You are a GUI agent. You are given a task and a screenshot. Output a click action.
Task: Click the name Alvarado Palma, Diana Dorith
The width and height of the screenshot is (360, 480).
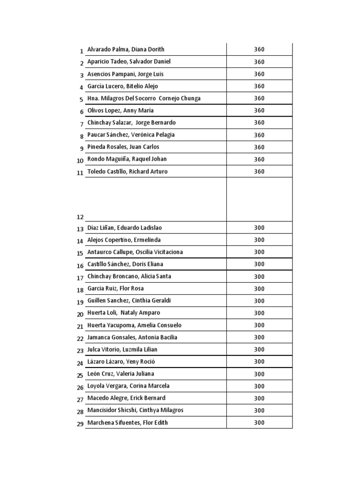click(126, 49)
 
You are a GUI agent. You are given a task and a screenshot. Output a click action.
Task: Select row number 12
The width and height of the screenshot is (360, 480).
click(80, 217)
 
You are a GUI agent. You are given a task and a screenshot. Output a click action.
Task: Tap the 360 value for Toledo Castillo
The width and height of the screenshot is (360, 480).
click(259, 172)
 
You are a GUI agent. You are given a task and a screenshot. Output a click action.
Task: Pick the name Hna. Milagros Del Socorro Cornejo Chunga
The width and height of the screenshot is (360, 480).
click(144, 98)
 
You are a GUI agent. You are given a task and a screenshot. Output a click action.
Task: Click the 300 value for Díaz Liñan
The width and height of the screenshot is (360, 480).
click(259, 228)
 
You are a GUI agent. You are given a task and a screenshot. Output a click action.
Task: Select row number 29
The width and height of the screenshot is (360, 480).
click(80, 424)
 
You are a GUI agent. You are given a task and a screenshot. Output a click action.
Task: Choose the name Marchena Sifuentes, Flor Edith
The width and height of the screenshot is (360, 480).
click(127, 422)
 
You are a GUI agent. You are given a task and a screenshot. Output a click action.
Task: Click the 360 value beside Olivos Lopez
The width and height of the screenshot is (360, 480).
click(259, 111)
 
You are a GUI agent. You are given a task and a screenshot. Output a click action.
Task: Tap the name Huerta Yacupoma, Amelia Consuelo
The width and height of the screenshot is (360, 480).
click(135, 325)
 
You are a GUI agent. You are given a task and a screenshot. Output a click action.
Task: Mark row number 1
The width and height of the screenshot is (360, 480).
click(82, 51)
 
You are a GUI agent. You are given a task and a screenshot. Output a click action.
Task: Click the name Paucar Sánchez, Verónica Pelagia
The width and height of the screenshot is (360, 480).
click(131, 135)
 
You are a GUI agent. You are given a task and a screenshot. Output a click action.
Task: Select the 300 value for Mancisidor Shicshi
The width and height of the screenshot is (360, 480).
click(259, 410)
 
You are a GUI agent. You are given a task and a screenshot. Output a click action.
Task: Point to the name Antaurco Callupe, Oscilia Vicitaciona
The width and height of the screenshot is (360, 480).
click(135, 252)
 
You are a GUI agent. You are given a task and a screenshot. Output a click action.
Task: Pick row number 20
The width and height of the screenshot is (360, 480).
click(80, 314)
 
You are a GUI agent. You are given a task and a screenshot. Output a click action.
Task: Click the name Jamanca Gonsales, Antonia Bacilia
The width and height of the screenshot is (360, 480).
click(132, 337)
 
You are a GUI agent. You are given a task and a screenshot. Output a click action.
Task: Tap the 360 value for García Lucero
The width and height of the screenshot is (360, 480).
click(259, 86)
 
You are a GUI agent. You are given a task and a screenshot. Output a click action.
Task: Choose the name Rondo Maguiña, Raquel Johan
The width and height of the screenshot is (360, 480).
click(127, 159)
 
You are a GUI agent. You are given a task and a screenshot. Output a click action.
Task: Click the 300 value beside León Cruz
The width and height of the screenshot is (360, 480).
click(259, 374)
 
